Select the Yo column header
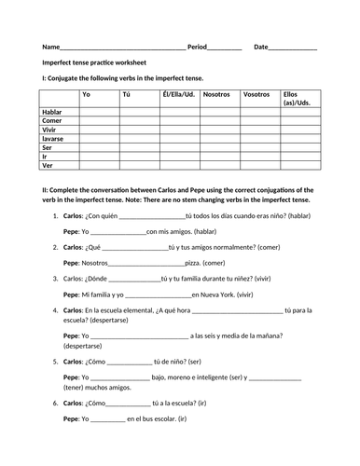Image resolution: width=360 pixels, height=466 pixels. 87,94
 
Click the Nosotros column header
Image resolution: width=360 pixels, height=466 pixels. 216,94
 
